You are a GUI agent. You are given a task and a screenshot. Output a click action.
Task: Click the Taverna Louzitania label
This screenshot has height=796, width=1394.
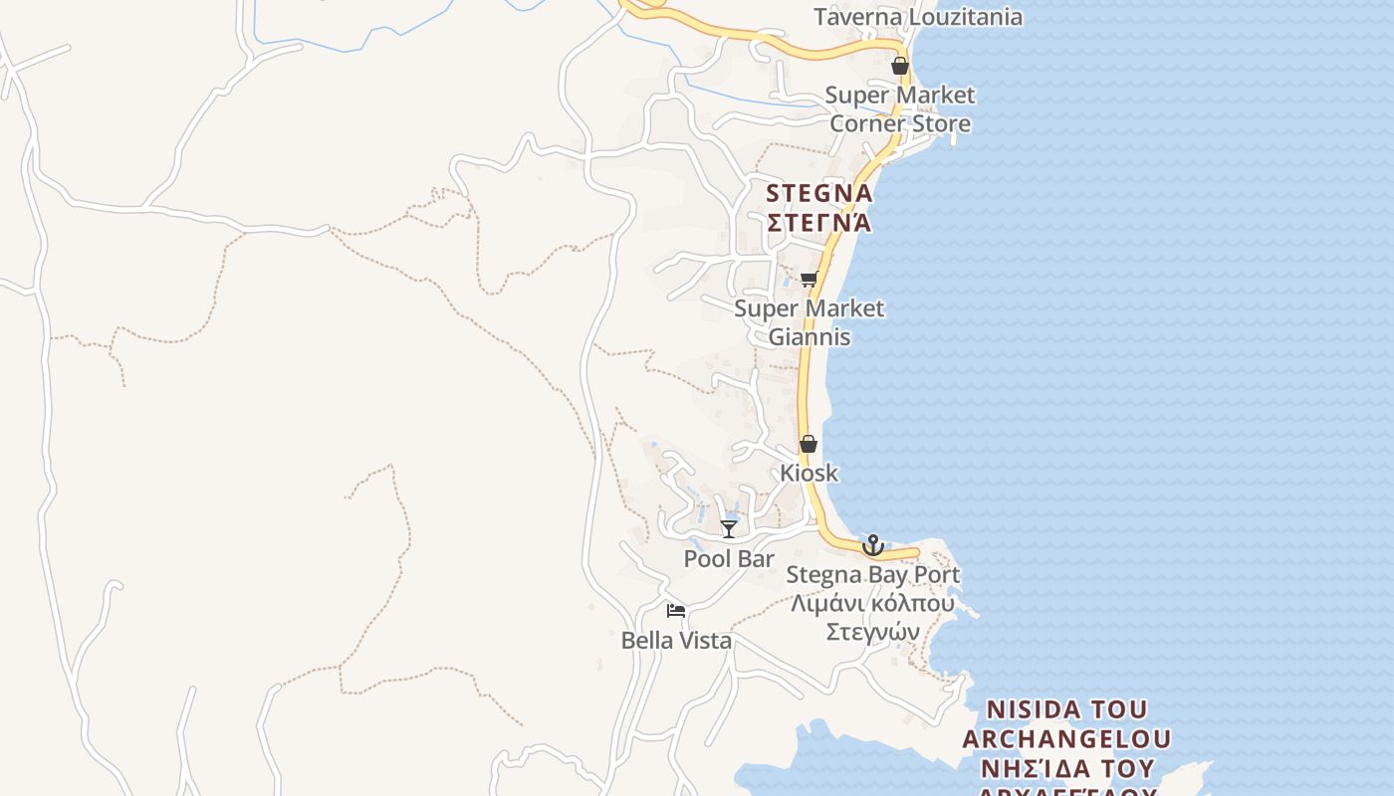(x=917, y=17)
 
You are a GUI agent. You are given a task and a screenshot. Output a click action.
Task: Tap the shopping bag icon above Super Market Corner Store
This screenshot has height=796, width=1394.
(x=900, y=67)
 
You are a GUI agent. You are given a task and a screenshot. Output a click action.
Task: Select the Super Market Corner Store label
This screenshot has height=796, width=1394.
(x=900, y=109)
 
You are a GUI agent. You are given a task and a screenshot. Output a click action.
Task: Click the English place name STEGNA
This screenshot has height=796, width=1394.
(x=819, y=193)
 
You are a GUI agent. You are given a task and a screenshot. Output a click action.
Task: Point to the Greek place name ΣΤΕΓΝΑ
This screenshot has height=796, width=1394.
(x=819, y=222)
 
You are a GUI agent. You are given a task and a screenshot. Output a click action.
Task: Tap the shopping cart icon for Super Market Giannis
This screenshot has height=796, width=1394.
(x=810, y=279)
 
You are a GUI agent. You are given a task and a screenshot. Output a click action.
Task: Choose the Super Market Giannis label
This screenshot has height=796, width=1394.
(x=809, y=322)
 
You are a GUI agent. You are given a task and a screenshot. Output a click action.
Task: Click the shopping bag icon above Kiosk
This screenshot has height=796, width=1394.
(x=809, y=444)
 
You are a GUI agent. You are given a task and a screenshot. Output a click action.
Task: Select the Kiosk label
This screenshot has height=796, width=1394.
(x=809, y=473)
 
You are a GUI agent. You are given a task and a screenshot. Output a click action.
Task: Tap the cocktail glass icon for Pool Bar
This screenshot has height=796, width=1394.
(x=729, y=528)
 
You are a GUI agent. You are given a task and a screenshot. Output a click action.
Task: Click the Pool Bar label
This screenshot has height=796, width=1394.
(x=729, y=559)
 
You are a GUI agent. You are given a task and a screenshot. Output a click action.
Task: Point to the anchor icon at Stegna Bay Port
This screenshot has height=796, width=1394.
(x=873, y=545)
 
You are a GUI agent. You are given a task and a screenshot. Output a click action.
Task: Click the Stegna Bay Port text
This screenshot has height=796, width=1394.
(x=873, y=574)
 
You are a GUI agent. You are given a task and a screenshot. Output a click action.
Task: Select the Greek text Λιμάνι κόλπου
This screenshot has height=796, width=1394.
(x=873, y=603)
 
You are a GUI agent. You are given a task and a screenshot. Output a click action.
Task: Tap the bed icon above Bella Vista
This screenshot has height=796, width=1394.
(x=676, y=611)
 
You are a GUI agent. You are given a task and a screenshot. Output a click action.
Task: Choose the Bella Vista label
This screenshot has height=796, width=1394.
(x=676, y=641)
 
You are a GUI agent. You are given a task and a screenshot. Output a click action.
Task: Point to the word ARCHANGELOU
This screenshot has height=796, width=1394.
(x=1066, y=739)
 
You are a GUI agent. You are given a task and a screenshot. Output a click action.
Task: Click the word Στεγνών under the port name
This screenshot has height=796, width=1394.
(x=873, y=632)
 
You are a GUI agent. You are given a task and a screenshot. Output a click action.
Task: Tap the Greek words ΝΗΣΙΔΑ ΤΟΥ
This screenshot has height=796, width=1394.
(x=1066, y=768)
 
